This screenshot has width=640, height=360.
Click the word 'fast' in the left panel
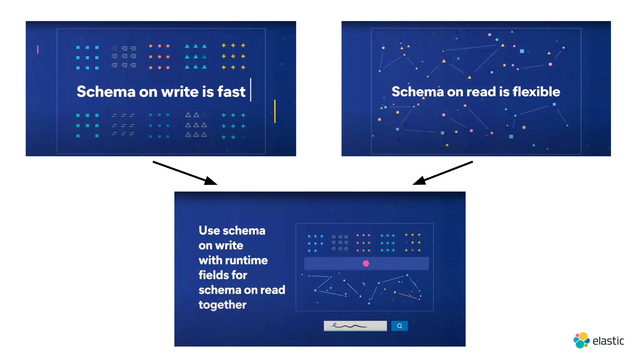(x=231, y=92)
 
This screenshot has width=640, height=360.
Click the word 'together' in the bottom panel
(x=222, y=305)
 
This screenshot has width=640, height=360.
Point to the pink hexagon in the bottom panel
(x=366, y=263)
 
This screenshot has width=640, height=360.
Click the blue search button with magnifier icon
(x=399, y=326)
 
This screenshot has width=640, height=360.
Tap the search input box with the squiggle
(x=355, y=326)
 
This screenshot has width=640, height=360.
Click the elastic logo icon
(x=581, y=340)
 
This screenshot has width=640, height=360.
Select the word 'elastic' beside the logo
(x=608, y=341)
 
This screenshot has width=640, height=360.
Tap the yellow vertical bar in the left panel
(x=275, y=111)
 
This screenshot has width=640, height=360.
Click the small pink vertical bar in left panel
(x=38, y=49)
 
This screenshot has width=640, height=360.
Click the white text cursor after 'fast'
(x=251, y=90)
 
